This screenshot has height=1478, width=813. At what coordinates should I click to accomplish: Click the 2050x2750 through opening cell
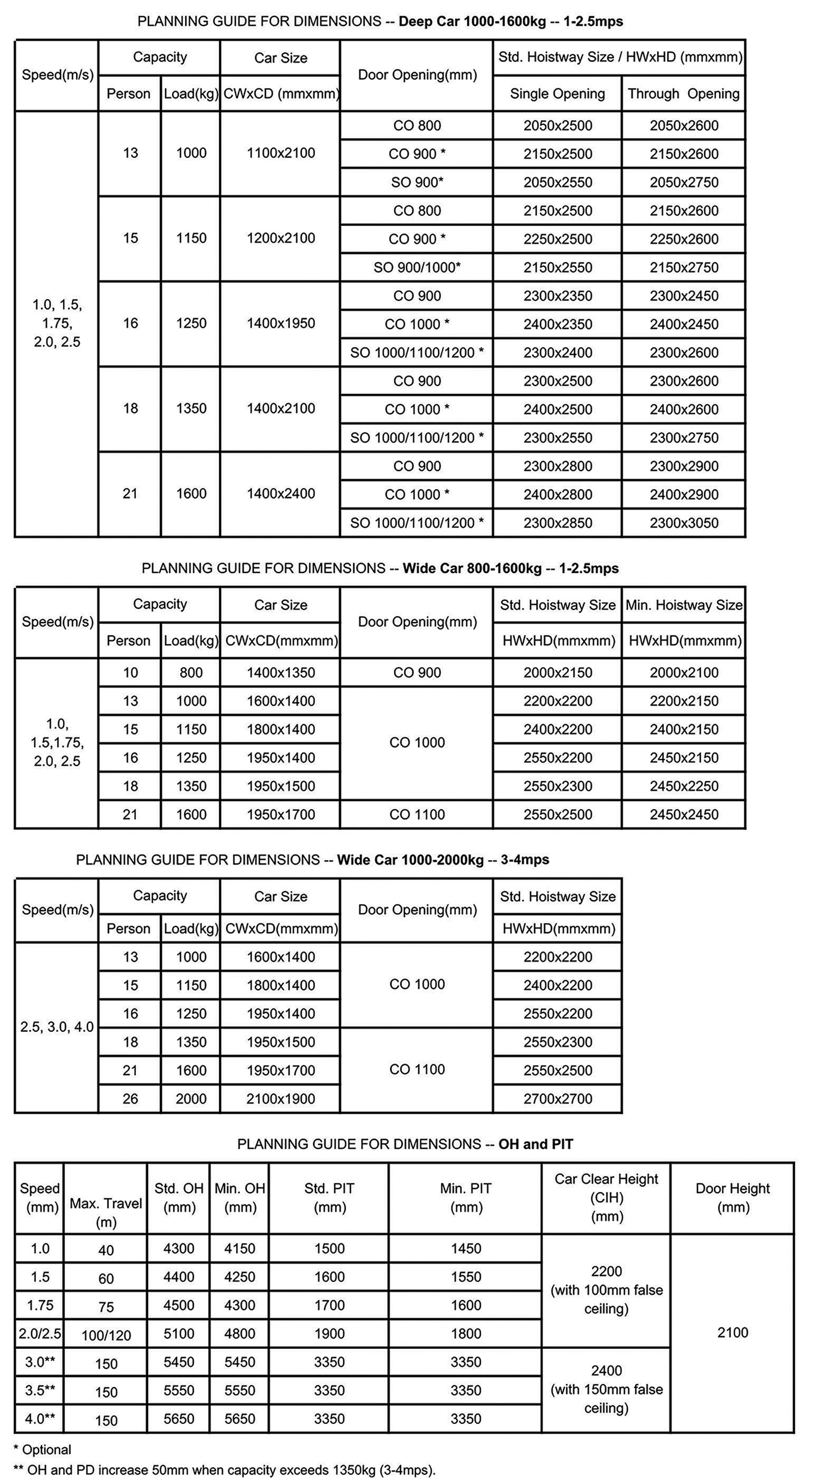point(684,183)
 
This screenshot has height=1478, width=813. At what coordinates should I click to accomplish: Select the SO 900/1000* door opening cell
point(417,268)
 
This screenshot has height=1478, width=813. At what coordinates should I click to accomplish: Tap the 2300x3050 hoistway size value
point(684,523)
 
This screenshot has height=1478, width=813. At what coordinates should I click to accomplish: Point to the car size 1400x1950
point(280,323)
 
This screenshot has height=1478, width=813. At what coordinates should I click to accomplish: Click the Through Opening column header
point(684,94)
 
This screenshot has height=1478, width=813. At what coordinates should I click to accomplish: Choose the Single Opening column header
point(557,94)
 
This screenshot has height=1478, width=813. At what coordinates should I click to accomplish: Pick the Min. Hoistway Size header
point(684,605)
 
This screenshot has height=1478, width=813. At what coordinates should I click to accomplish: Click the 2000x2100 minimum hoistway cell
point(684,672)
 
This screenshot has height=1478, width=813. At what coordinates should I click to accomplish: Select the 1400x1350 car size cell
point(280,672)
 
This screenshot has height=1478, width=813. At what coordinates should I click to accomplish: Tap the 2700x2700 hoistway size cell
point(557,1099)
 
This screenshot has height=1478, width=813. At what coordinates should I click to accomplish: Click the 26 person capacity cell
point(130,1099)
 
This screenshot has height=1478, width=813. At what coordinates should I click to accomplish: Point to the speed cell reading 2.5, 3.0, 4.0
point(57,1027)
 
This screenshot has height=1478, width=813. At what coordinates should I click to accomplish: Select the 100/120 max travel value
point(106,1335)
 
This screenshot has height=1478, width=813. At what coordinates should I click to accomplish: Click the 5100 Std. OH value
point(179,1333)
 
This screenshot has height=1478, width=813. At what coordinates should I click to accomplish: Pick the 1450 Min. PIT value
point(465,1249)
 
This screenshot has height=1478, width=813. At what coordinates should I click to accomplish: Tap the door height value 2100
point(732,1332)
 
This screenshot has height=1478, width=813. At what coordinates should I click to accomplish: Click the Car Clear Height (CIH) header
point(606,1198)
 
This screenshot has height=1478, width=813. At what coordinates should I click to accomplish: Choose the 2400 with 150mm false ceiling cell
point(606,1389)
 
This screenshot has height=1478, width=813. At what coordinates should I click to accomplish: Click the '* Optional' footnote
point(42,1450)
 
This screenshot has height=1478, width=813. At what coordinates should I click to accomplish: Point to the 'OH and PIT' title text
point(536,1144)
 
